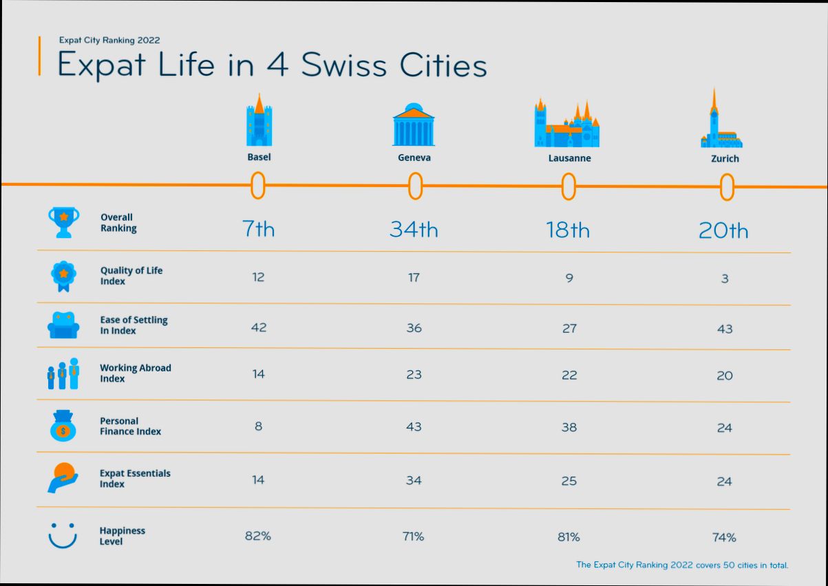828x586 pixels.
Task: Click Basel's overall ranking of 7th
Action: [x=258, y=229]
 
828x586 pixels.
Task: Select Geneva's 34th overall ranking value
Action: [x=414, y=229]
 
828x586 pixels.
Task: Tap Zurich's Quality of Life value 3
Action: [x=725, y=279]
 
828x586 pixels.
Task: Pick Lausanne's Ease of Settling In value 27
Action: [x=569, y=328]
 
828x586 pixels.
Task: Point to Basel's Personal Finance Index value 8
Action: [x=258, y=426]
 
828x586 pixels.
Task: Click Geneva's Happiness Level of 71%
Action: [x=414, y=536]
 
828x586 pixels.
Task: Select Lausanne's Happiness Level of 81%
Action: [x=569, y=536]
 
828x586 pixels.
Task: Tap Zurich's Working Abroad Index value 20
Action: [x=725, y=376]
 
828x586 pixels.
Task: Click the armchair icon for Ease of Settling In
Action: [x=63, y=325]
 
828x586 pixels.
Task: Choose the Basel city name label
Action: [x=259, y=157]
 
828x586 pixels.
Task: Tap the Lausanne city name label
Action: [x=569, y=158]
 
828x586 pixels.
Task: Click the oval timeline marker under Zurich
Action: [x=727, y=187]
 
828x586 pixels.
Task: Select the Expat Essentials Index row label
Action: [x=135, y=479]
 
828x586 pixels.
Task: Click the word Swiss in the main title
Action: [x=341, y=65]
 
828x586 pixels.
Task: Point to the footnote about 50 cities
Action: [x=681, y=565]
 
